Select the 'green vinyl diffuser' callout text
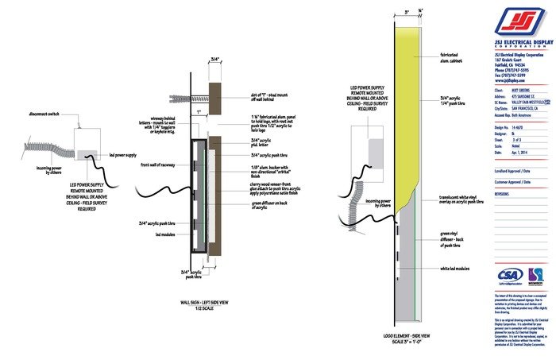point(454,237)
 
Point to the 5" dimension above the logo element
point(407,13)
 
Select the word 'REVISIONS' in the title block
point(502,193)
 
